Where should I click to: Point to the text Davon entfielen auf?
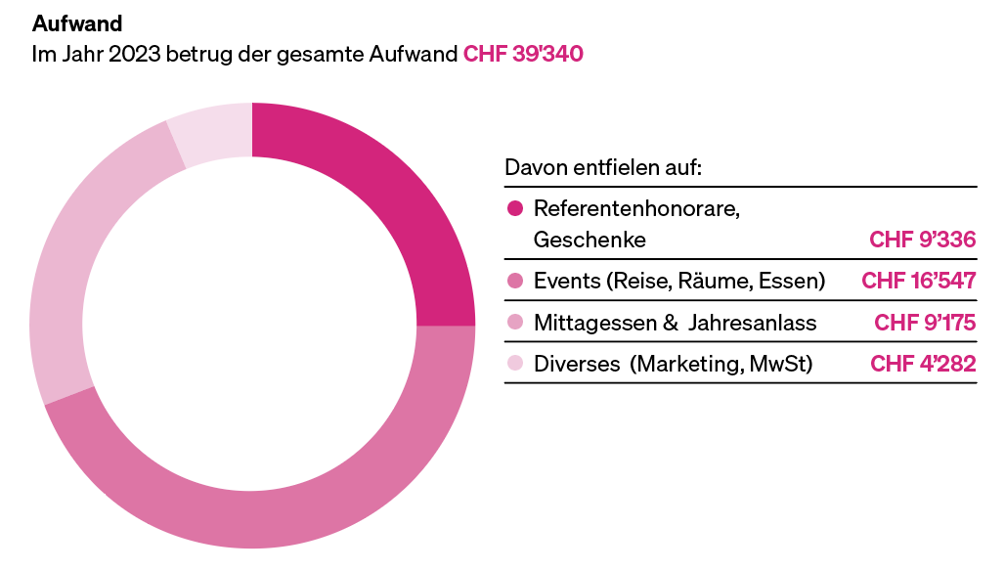point(603,167)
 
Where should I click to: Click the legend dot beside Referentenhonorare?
point(515,208)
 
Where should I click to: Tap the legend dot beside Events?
point(515,282)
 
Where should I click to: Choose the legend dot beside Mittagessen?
point(515,323)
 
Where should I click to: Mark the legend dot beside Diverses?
point(515,364)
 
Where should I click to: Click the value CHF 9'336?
point(922,240)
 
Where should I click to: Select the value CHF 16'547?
point(918,282)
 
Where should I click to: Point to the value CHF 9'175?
point(924,323)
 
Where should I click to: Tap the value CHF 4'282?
point(922,364)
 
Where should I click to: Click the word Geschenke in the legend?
point(590,240)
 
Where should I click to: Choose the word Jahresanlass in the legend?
point(752,323)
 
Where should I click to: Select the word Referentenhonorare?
point(636,208)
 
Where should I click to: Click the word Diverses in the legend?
point(577,364)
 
